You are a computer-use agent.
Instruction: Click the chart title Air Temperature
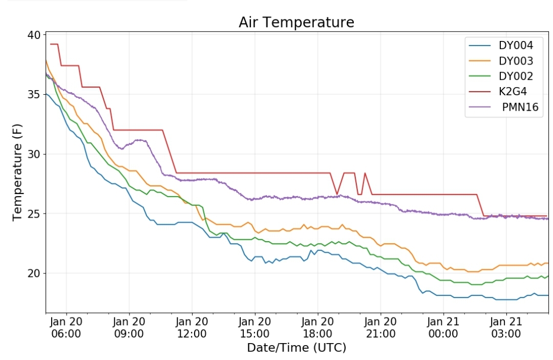pos(296,22)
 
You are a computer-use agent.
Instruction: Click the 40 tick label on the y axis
pos(35,35)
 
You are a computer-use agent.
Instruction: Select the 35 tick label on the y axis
pos(35,95)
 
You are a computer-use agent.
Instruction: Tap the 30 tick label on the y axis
pos(35,154)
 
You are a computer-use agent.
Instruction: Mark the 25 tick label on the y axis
pos(35,214)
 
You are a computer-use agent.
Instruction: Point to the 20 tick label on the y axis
pos(35,273)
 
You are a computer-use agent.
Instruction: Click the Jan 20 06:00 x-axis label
pos(66,328)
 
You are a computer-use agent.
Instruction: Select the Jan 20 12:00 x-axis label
pos(192,328)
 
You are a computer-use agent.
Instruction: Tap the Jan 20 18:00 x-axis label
pos(317,328)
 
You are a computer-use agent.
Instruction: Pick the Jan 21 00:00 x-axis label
pos(443,328)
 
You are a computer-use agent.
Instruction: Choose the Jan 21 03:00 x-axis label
pos(506,328)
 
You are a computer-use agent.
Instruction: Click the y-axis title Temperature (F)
pos(17,173)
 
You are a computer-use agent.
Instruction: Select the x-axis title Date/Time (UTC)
pos(296,348)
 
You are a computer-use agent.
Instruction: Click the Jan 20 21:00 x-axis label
pos(380,328)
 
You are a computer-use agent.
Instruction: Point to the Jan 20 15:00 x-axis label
pos(254,328)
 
